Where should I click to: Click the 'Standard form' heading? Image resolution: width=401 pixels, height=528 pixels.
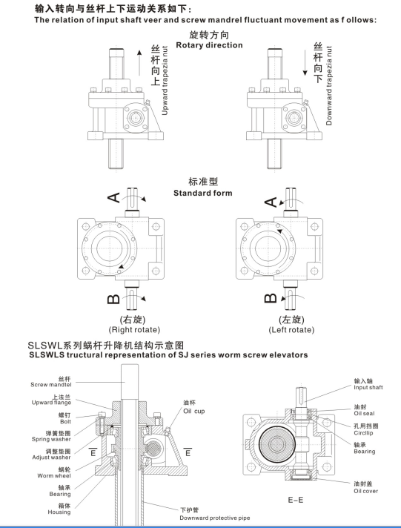pyautogui.click(x=202, y=193)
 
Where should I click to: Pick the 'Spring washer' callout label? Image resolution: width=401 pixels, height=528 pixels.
pyautogui.click(x=52, y=437)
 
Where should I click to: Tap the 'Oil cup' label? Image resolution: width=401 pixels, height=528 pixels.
pyautogui.click(x=194, y=412)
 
